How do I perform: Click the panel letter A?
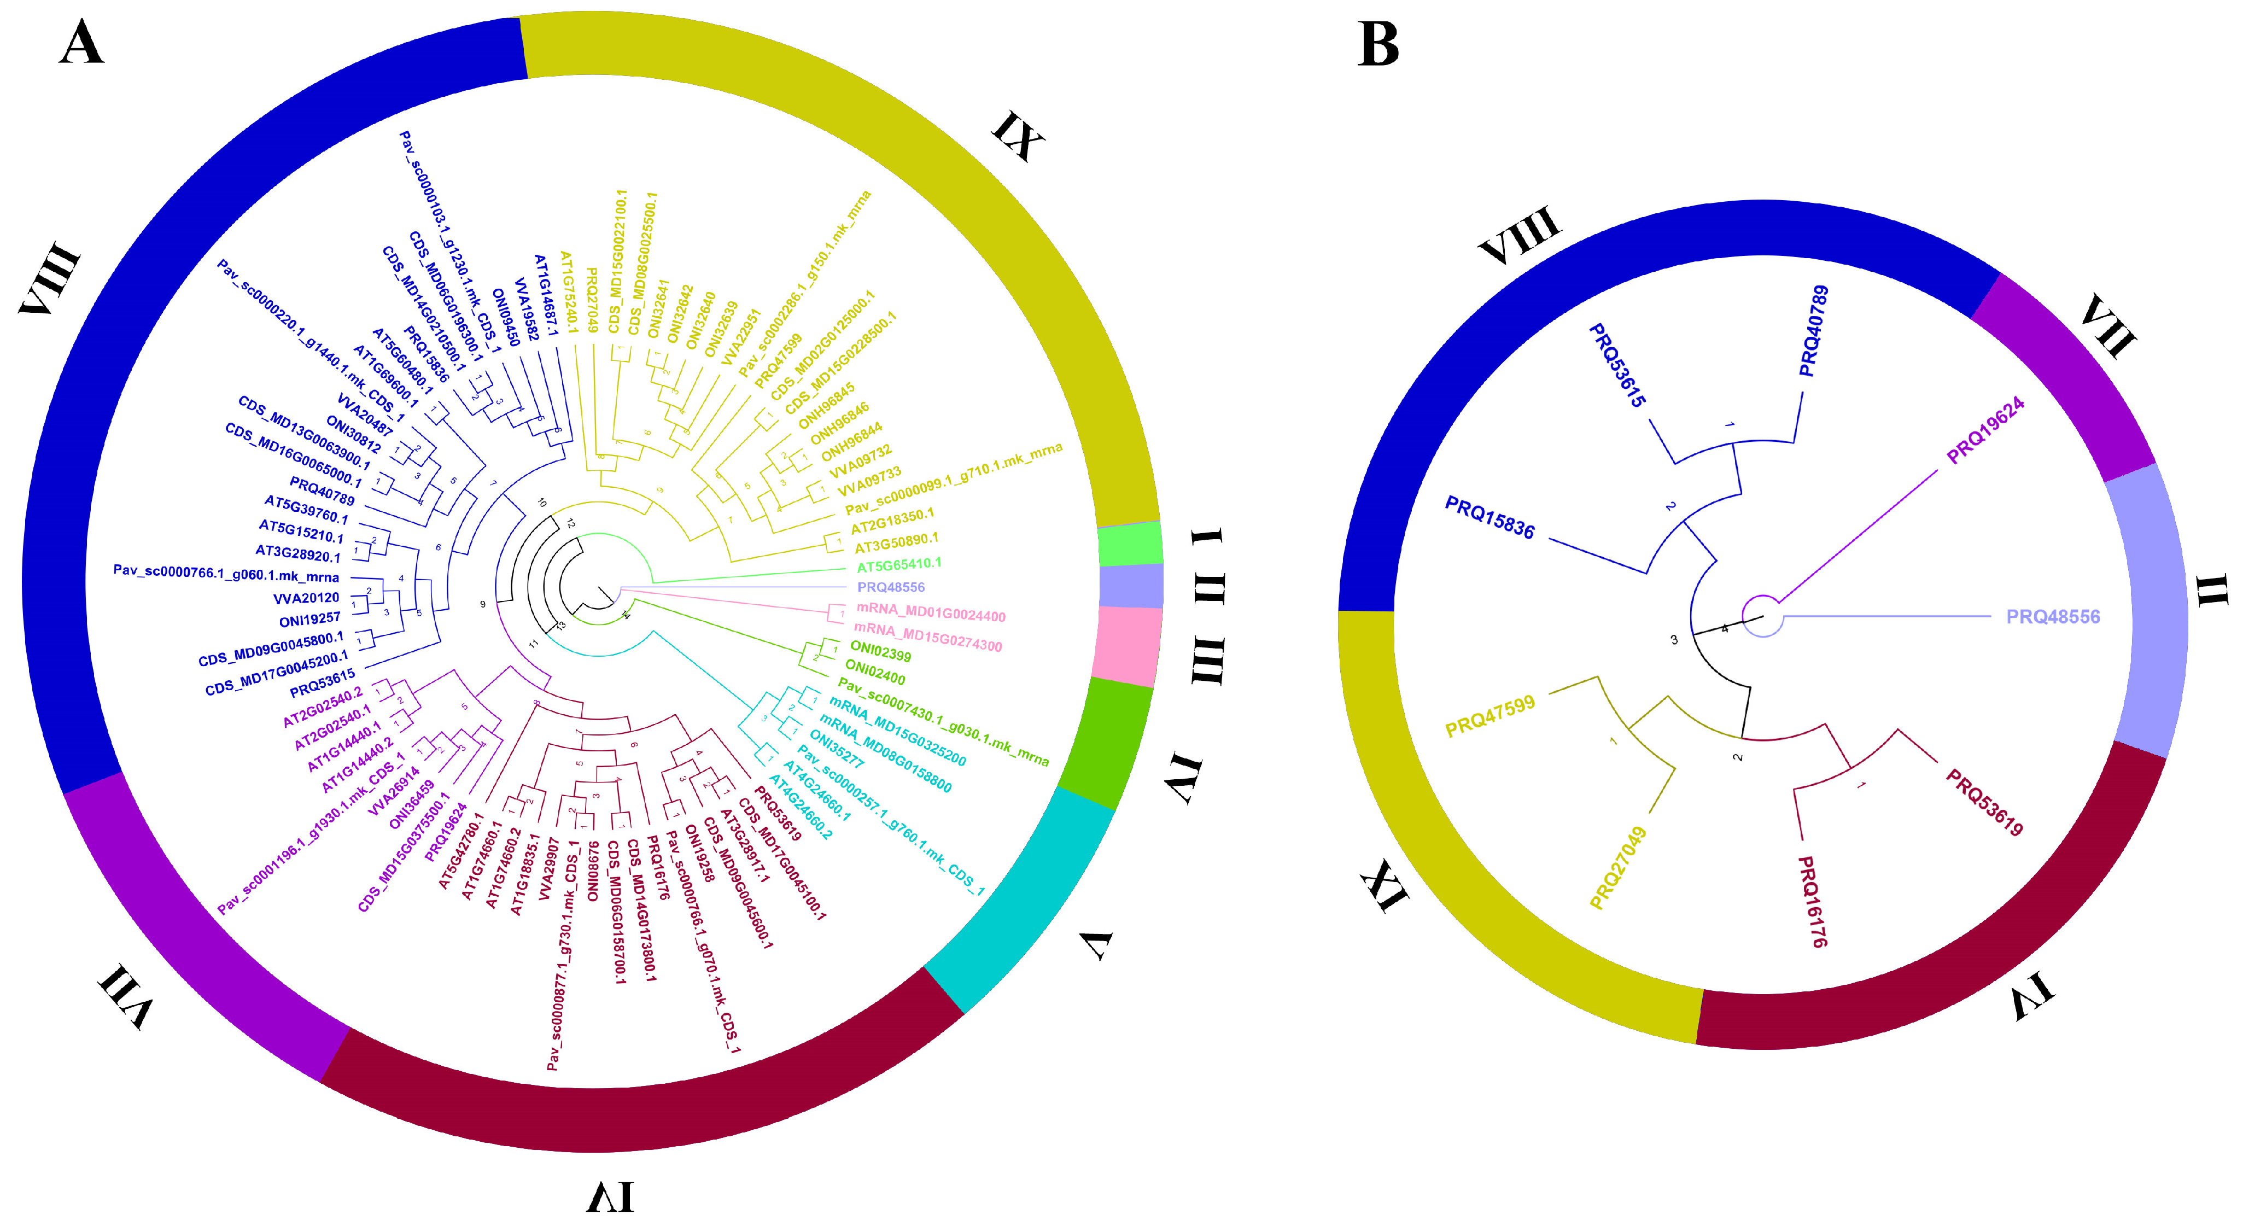pyautogui.click(x=82, y=44)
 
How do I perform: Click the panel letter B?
pyautogui.click(x=1378, y=44)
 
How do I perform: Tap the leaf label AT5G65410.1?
pyautogui.click(x=898, y=564)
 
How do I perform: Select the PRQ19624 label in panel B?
pyautogui.click(x=1985, y=431)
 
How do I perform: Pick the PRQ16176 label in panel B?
pyautogui.click(x=1813, y=901)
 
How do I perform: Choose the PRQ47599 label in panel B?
pyautogui.click(x=1490, y=716)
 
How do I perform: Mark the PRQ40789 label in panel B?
pyautogui.click(x=1814, y=331)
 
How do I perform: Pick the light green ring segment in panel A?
pyautogui.click(x=1130, y=544)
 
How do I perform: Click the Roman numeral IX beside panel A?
pyautogui.click(x=1017, y=136)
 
